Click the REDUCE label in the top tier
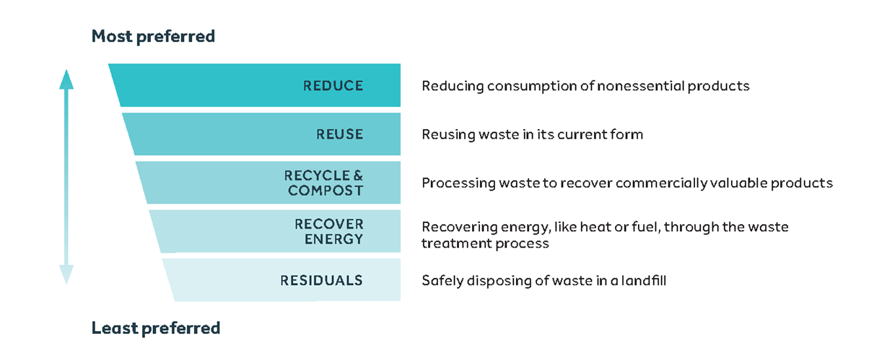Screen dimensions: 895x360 333,86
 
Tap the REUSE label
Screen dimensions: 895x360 340,134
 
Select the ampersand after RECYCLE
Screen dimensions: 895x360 358,175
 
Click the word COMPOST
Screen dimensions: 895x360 326,190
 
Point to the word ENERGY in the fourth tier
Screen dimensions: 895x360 334,239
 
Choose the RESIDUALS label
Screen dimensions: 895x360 322,281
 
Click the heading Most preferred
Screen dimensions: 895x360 154,36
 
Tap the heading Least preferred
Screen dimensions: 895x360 156,328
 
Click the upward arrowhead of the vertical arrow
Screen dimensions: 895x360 66,79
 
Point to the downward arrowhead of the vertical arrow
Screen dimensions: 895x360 66,274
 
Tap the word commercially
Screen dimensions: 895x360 662,184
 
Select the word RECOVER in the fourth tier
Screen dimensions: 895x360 329,224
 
